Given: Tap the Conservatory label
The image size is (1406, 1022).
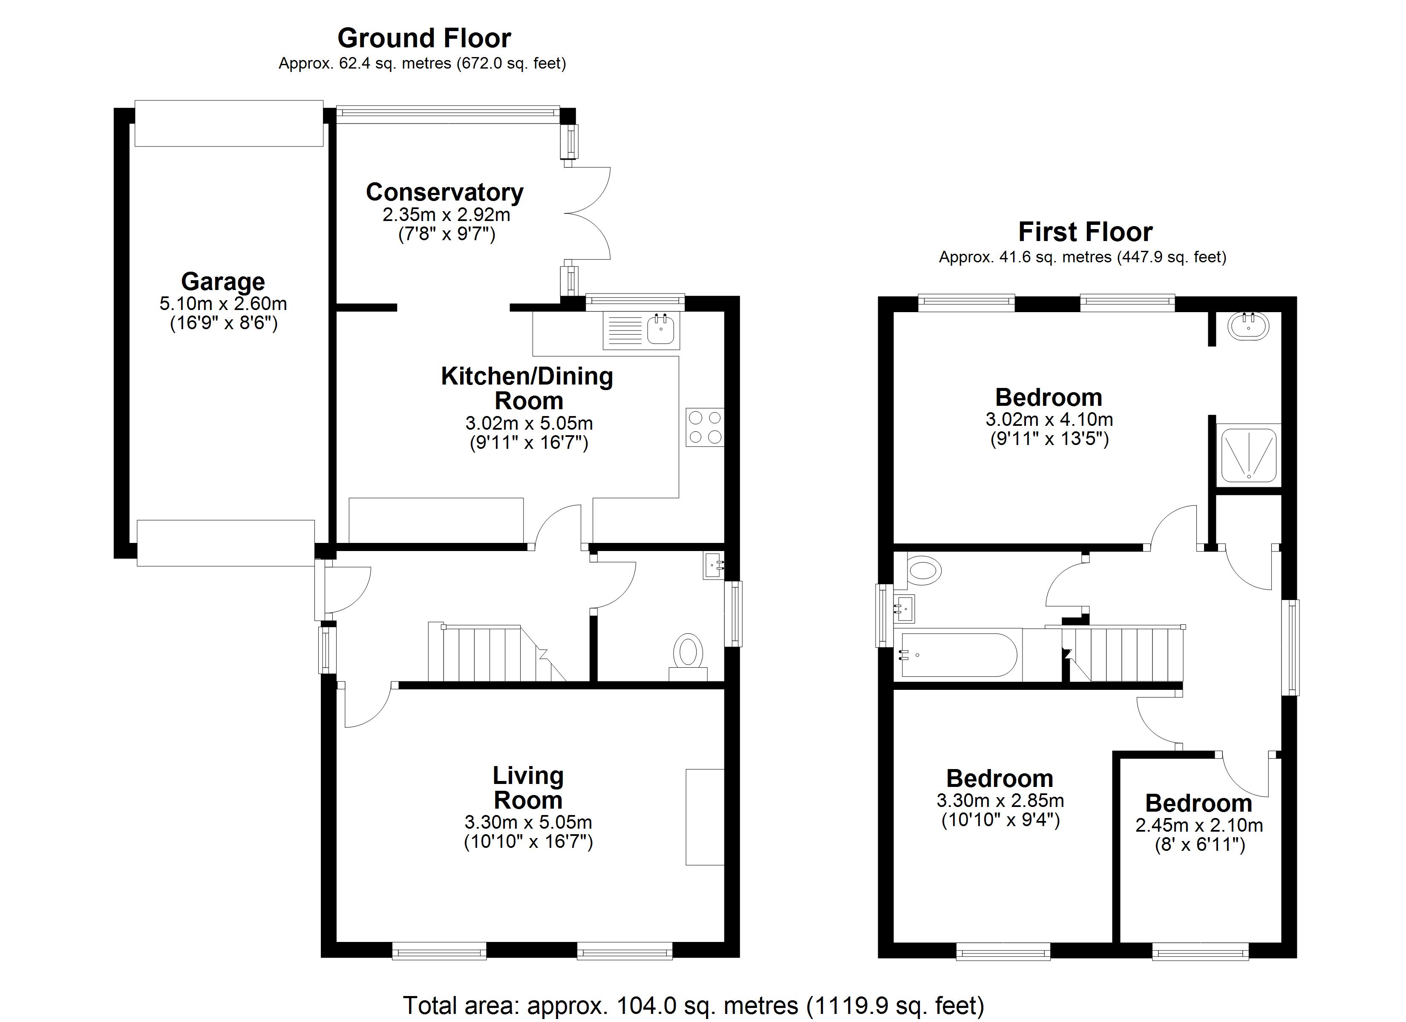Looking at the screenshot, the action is [444, 192].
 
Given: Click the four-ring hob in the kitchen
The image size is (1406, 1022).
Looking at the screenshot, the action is [704, 427].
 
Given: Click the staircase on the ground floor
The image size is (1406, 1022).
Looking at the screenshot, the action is [490, 653].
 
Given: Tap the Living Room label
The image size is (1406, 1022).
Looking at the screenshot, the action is [528, 788].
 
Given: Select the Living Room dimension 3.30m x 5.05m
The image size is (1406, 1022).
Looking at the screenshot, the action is [528, 822].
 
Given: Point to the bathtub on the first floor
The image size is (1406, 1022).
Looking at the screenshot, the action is [958, 655].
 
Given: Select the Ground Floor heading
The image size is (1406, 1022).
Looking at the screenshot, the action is [424, 38].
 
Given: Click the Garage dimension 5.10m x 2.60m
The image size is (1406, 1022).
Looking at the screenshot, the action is [223, 304].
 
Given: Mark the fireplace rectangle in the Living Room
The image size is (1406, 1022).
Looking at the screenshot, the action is [705, 817].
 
